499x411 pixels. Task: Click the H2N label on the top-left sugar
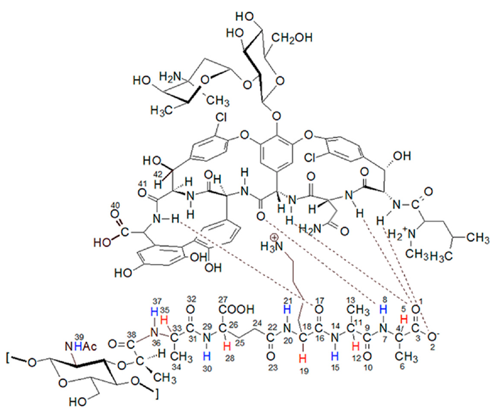coord(171,77)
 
